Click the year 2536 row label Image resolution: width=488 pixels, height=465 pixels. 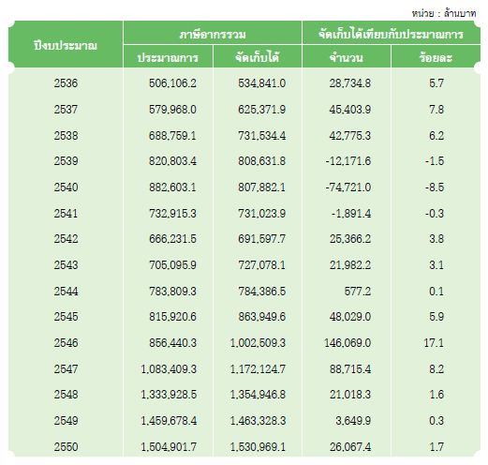pyautogui.click(x=66, y=83)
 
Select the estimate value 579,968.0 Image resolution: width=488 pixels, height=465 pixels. pyautogui.click(x=172, y=110)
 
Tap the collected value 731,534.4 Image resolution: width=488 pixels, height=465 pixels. pyautogui.click(x=261, y=136)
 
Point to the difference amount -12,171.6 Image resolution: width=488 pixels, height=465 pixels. pyautogui.click(x=348, y=161)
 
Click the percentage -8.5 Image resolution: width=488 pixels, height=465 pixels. pyautogui.click(x=435, y=187)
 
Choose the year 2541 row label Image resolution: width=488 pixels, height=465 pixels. pyautogui.click(x=66, y=214)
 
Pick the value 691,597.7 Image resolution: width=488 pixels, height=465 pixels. pyautogui.click(x=261, y=239)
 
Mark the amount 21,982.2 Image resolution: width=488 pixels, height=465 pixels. pyautogui.click(x=350, y=265)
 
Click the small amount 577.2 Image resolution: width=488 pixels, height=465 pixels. pyautogui.click(x=358, y=292)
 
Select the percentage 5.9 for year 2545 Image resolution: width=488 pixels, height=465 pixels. pyautogui.click(x=436, y=317)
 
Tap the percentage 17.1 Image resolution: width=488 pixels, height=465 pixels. pyautogui.click(x=434, y=343)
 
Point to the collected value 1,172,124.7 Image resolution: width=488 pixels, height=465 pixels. pyautogui.click(x=258, y=369)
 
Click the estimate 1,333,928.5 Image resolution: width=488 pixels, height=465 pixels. pyautogui.click(x=169, y=395)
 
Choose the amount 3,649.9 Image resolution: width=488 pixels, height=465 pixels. pyautogui.click(x=353, y=421)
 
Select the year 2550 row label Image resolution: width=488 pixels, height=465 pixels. pyautogui.click(x=66, y=447)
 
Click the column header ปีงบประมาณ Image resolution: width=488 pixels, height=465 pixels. pyautogui.click(x=66, y=46)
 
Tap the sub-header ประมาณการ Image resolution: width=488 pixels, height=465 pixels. pyautogui.click(x=168, y=58)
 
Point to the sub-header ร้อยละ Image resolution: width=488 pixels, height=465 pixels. pyautogui.click(x=436, y=57)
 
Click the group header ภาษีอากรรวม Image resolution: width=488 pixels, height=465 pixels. pyautogui.click(x=213, y=34)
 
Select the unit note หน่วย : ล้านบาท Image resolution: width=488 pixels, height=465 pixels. pyautogui.click(x=443, y=13)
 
